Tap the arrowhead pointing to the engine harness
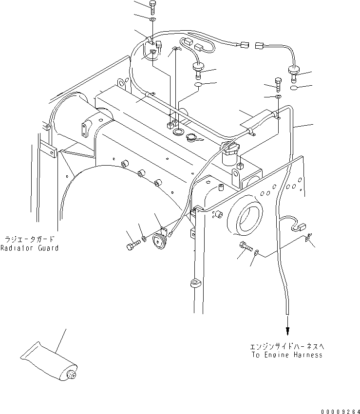[x=287, y=330]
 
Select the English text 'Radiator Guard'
[x=29, y=248]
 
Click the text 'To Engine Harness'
[x=286, y=355]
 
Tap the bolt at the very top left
[x=152, y=7]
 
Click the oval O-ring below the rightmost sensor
[x=294, y=89]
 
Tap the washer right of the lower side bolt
[x=256, y=252]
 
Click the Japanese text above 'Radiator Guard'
[x=29, y=240]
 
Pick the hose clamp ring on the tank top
[x=178, y=132]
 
